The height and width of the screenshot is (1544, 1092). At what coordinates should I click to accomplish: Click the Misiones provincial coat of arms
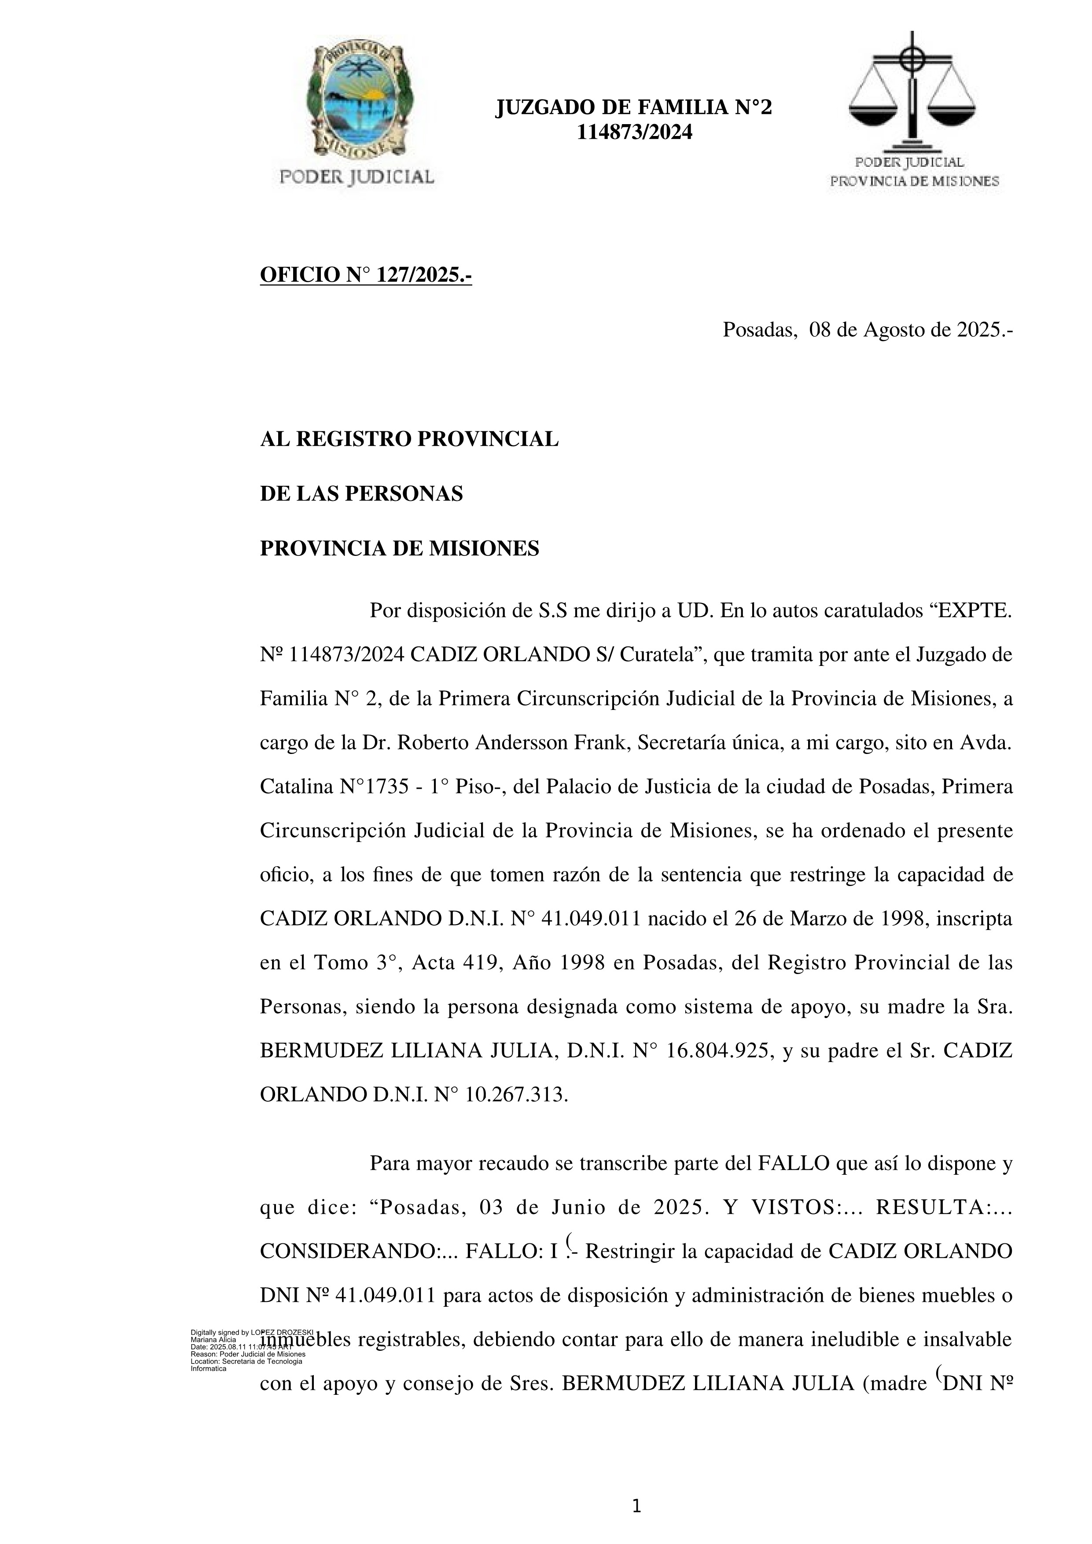[x=357, y=99]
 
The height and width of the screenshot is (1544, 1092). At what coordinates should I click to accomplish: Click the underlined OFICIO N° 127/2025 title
[x=366, y=275]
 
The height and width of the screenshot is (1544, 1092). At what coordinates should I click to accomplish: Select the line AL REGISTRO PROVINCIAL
[x=409, y=439]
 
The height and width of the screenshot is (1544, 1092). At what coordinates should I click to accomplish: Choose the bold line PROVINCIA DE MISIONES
[x=399, y=549]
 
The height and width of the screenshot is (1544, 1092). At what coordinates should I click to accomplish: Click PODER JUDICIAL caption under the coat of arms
[x=357, y=177]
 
